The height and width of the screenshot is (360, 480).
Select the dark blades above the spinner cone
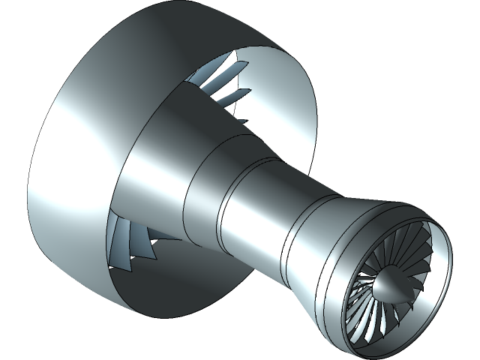click(x=397, y=251)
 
